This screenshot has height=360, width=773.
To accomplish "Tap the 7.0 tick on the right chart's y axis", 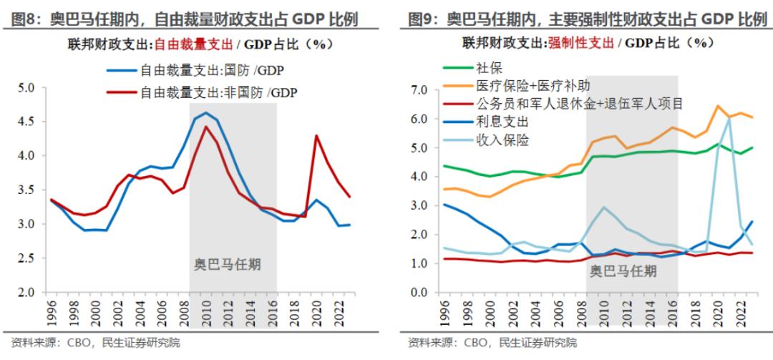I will [417, 89].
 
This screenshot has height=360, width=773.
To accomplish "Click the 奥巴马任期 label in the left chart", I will [228, 263].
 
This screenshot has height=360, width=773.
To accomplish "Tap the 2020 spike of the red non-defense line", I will [316, 135].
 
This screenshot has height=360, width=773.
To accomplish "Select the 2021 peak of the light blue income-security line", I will [729, 117].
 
